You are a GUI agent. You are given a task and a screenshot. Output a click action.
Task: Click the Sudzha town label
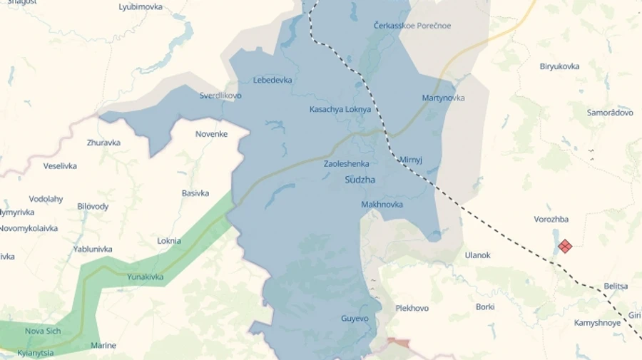click(360, 180)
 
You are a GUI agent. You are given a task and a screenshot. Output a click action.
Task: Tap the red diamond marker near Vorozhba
click(565, 246)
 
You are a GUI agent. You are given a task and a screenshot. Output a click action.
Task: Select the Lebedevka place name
click(272, 80)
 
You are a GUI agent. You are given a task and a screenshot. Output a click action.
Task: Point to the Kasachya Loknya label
click(340, 110)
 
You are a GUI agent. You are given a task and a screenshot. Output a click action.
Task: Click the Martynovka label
click(443, 98)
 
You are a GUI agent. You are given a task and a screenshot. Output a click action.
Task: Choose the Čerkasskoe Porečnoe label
click(412, 26)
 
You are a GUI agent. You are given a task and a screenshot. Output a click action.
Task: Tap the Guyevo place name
click(355, 319)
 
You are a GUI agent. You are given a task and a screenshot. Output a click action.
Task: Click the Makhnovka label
click(382, 205)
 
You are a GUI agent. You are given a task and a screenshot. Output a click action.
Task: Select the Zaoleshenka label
click(346, 164)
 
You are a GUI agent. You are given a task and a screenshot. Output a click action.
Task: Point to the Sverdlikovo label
click(220, 96)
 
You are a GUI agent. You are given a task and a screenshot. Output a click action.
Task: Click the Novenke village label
click(211, 134)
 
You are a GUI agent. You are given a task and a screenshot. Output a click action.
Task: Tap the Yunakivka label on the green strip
click(145, 277)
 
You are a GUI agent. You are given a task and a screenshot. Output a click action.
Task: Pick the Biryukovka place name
click(559, 66)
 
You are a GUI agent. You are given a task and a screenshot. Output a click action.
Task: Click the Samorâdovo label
click(610, 113)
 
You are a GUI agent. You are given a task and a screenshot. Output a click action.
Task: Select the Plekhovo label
click(412, 309)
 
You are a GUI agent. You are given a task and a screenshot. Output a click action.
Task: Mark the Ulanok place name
click(477, 255)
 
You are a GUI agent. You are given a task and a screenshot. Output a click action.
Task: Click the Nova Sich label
click(43, 331)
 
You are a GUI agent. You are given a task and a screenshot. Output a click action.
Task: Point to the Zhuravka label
click(103, 143)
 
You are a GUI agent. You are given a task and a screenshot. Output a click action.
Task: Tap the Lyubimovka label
click(141, 7)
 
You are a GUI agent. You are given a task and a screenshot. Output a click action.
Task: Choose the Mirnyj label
click(411, 160)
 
